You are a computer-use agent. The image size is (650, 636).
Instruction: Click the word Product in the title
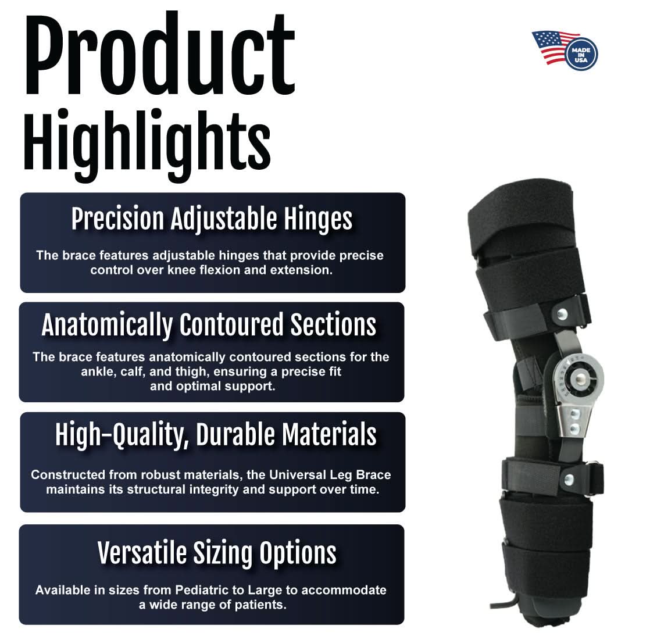pyautogui.click(x=159, y=57)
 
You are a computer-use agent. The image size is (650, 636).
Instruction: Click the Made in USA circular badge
pyautogui.click(x=581, y=54)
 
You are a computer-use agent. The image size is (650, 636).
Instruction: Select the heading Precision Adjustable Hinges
pyautogui.click(x=212, y=219)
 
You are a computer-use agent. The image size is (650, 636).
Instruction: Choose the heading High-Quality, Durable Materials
pyautogui.click(x=216, y=434)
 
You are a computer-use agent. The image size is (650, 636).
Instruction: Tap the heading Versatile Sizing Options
pyautogui.click(x=217, y=552)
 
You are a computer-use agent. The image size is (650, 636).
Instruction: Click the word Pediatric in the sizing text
pyautogui.click(x=201, y=590)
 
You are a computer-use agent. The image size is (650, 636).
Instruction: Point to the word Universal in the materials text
pyautogui.click(x=271, y=474)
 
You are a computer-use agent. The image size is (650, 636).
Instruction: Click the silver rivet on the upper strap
pyautogui.click(x=562, y=314)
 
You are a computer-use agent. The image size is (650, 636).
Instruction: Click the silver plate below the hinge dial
pyautogui.click(x=573, y=421)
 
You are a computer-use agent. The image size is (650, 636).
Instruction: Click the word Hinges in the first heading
pyautogui.click(x=319, y=219)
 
